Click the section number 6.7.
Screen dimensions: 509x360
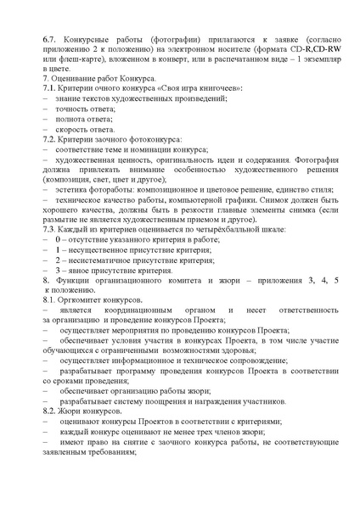50,40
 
